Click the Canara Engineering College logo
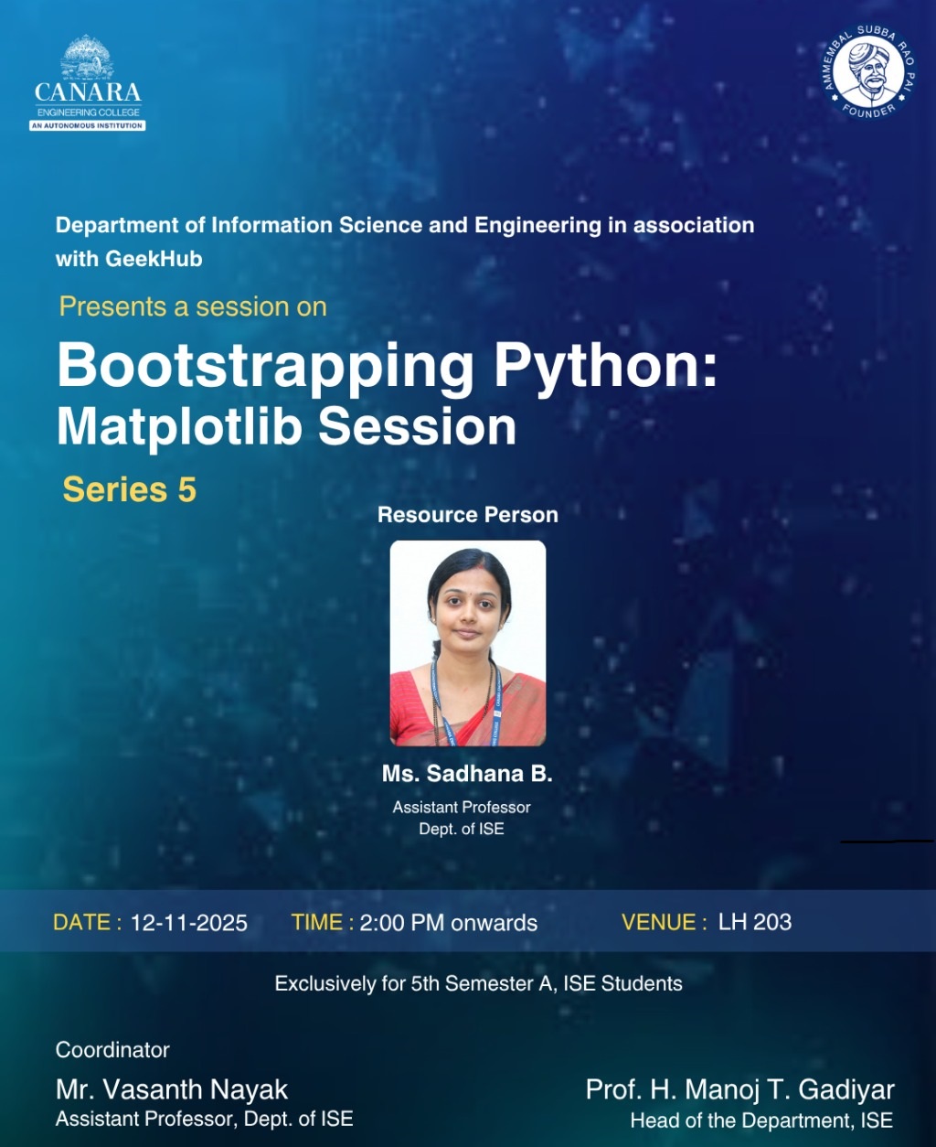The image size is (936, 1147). point(88,82)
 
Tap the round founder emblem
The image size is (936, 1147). point(868,71)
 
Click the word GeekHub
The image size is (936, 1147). point(154,259)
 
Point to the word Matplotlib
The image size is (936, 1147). point(179,428)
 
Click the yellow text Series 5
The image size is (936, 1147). point(130,489)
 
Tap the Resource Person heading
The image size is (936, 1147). point(468,515)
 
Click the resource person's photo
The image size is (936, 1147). point(468,643)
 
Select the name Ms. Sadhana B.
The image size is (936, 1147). point(467,774)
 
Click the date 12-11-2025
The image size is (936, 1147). point(189,923)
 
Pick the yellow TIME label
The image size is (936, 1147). point(323,922)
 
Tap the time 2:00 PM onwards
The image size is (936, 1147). point(449,923)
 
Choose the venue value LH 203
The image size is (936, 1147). point(755,922)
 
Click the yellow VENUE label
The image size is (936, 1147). point(665,922)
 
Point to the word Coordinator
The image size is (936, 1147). point(112,1050)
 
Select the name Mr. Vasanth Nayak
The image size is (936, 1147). point(172,1089)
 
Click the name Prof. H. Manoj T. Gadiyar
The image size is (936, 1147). point(740,1090)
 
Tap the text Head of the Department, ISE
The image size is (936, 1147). point(761,1120)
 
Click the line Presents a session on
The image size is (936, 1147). point(193,306)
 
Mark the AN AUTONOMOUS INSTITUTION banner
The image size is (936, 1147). point(88,125)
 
